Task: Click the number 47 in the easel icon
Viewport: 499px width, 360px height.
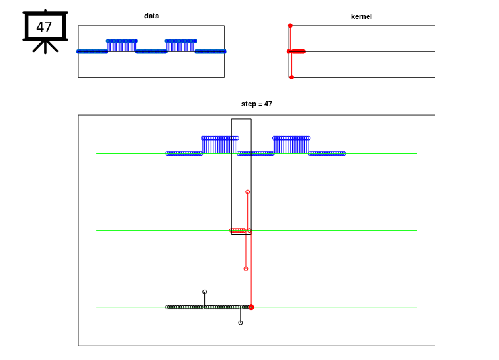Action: (x=44, y=27)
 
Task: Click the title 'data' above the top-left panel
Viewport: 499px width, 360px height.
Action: (x=151, y=16)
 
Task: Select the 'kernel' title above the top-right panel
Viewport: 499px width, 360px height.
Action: (x=361, y=16)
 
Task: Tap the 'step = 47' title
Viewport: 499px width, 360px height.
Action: (x=256, y=104)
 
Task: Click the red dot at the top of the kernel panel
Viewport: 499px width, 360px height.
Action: (x=290, y=26)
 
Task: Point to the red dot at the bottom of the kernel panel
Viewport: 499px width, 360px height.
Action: (x=291, y=78)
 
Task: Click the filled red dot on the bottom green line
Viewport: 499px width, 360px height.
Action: (x=251, y=307)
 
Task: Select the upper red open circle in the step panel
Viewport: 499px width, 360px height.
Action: (x=248, y=192)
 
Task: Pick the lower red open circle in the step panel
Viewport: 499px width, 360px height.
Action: (x=246, y=269)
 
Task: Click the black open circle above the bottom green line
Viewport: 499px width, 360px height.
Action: (x=205, y=292)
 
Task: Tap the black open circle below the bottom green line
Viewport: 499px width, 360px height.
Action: (x=241, y=323)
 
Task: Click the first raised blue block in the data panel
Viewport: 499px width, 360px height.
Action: (x=122, y=46)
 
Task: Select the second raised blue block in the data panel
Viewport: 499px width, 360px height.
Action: (x=181, y=46)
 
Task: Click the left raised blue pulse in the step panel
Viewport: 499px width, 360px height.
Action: (x=220, y=145)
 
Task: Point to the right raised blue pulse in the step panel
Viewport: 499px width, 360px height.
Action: (x=291, y=145)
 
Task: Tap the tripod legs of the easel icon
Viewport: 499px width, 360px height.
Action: (x=45, y=47)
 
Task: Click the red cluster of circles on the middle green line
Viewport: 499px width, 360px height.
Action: (x=238, y=230)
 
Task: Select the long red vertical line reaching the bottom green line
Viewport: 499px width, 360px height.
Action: (x=251, y=268)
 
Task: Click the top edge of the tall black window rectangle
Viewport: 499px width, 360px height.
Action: (x=241, y=119)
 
